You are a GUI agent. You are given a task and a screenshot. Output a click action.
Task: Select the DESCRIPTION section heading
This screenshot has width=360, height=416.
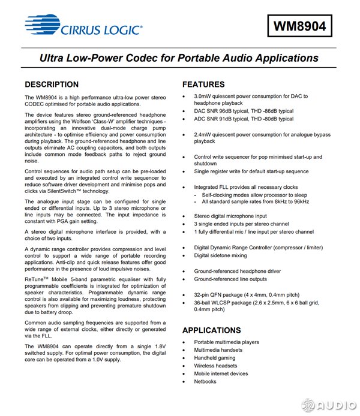coord(52,85)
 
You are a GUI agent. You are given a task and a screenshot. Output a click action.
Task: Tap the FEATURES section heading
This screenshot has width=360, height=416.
coord(203,85)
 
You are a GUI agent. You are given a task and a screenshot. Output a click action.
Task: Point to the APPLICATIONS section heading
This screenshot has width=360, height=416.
coord(211,330)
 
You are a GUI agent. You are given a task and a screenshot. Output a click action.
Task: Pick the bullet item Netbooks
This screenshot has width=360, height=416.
coord(205,381)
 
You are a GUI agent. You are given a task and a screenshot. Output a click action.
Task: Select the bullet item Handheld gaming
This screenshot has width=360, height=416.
coord(215,358)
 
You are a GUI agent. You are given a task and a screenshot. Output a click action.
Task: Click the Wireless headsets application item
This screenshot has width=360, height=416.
coord(215,366)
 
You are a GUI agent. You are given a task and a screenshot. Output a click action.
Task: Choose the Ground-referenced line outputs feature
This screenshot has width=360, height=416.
coord(230,279)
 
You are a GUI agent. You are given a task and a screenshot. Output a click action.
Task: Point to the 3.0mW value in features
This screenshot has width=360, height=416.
coord(203,96)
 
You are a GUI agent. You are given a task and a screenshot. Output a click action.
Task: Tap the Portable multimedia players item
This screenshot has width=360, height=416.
coord(226,342)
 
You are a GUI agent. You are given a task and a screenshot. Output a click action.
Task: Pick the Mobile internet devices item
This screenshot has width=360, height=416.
coord(221,373)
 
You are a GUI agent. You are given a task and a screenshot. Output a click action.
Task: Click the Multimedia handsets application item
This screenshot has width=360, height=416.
coord(218,350)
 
